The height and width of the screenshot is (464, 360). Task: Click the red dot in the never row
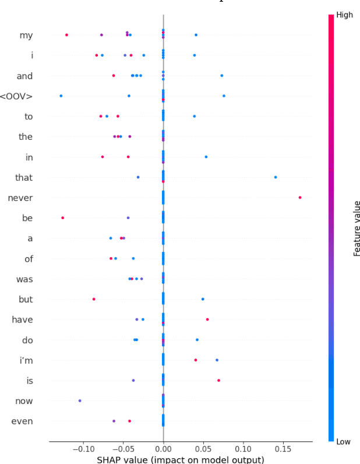pos(300,198)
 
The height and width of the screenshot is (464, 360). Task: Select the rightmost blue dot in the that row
pos(276,177)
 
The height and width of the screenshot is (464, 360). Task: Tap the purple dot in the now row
pos(80,400)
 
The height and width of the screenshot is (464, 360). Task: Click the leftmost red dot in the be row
pos(62,218)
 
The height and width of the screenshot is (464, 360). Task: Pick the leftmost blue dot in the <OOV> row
pos(61,96)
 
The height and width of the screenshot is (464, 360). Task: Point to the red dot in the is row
pos(218,380)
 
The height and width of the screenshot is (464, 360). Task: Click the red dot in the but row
pos(94,299)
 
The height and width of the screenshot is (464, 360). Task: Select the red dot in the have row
pos(207,319)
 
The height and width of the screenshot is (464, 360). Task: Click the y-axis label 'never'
pos(20,198)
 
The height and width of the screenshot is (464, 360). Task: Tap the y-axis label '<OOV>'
pos(17,96)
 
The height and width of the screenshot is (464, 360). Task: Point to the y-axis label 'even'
pos(22,421)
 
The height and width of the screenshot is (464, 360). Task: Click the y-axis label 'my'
pos(26,36)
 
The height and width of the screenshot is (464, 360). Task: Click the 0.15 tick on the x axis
pos(283,449)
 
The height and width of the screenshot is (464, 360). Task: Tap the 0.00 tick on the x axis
pos(163,449)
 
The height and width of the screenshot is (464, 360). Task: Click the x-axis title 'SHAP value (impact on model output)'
pos(180,459)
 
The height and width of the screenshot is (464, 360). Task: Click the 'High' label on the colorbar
pos(344,15)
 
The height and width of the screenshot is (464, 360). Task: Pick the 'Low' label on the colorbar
pos(344,442)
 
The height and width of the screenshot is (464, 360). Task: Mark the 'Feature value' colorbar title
pos(357,229)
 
